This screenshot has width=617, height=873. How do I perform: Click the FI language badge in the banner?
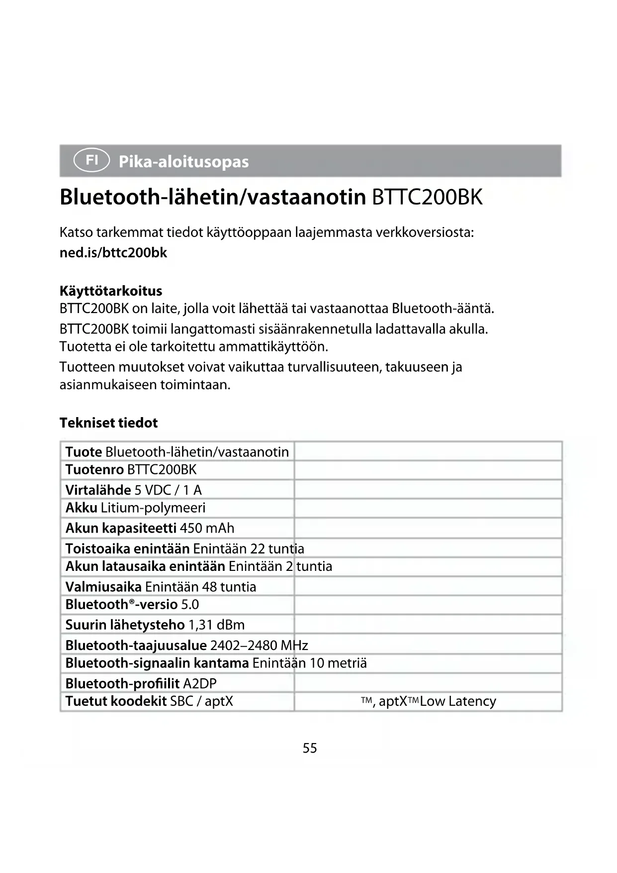coord(91,160)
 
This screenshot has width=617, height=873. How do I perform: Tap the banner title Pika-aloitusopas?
coord(183,162)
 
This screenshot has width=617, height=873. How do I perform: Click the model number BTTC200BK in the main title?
coord(427,197)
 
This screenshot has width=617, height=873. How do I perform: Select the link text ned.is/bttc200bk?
coord(113,253)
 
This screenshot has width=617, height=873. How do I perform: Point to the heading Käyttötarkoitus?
coord(111,291)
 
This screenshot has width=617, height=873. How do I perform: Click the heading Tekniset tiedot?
coord(108,423)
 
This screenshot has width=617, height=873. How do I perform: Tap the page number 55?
coord(310,748)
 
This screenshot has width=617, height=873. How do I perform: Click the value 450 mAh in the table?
coord(207,528)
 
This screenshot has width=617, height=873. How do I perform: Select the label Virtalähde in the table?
coord(98,490)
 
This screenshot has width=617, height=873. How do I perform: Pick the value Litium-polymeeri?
coord(153,508)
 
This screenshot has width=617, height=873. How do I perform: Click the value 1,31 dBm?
coord(217,625)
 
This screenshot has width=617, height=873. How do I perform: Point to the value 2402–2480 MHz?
coord(259,646)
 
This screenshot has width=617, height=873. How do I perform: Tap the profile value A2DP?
coord(200,683)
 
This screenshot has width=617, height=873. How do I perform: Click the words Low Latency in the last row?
coord(458,701)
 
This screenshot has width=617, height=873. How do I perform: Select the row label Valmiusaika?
coord(103,587)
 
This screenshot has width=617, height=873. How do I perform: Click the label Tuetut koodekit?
coord(116,701)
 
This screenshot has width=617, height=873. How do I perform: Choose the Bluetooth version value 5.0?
coord(190,605)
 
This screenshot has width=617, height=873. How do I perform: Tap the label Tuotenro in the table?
coord(94,469)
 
